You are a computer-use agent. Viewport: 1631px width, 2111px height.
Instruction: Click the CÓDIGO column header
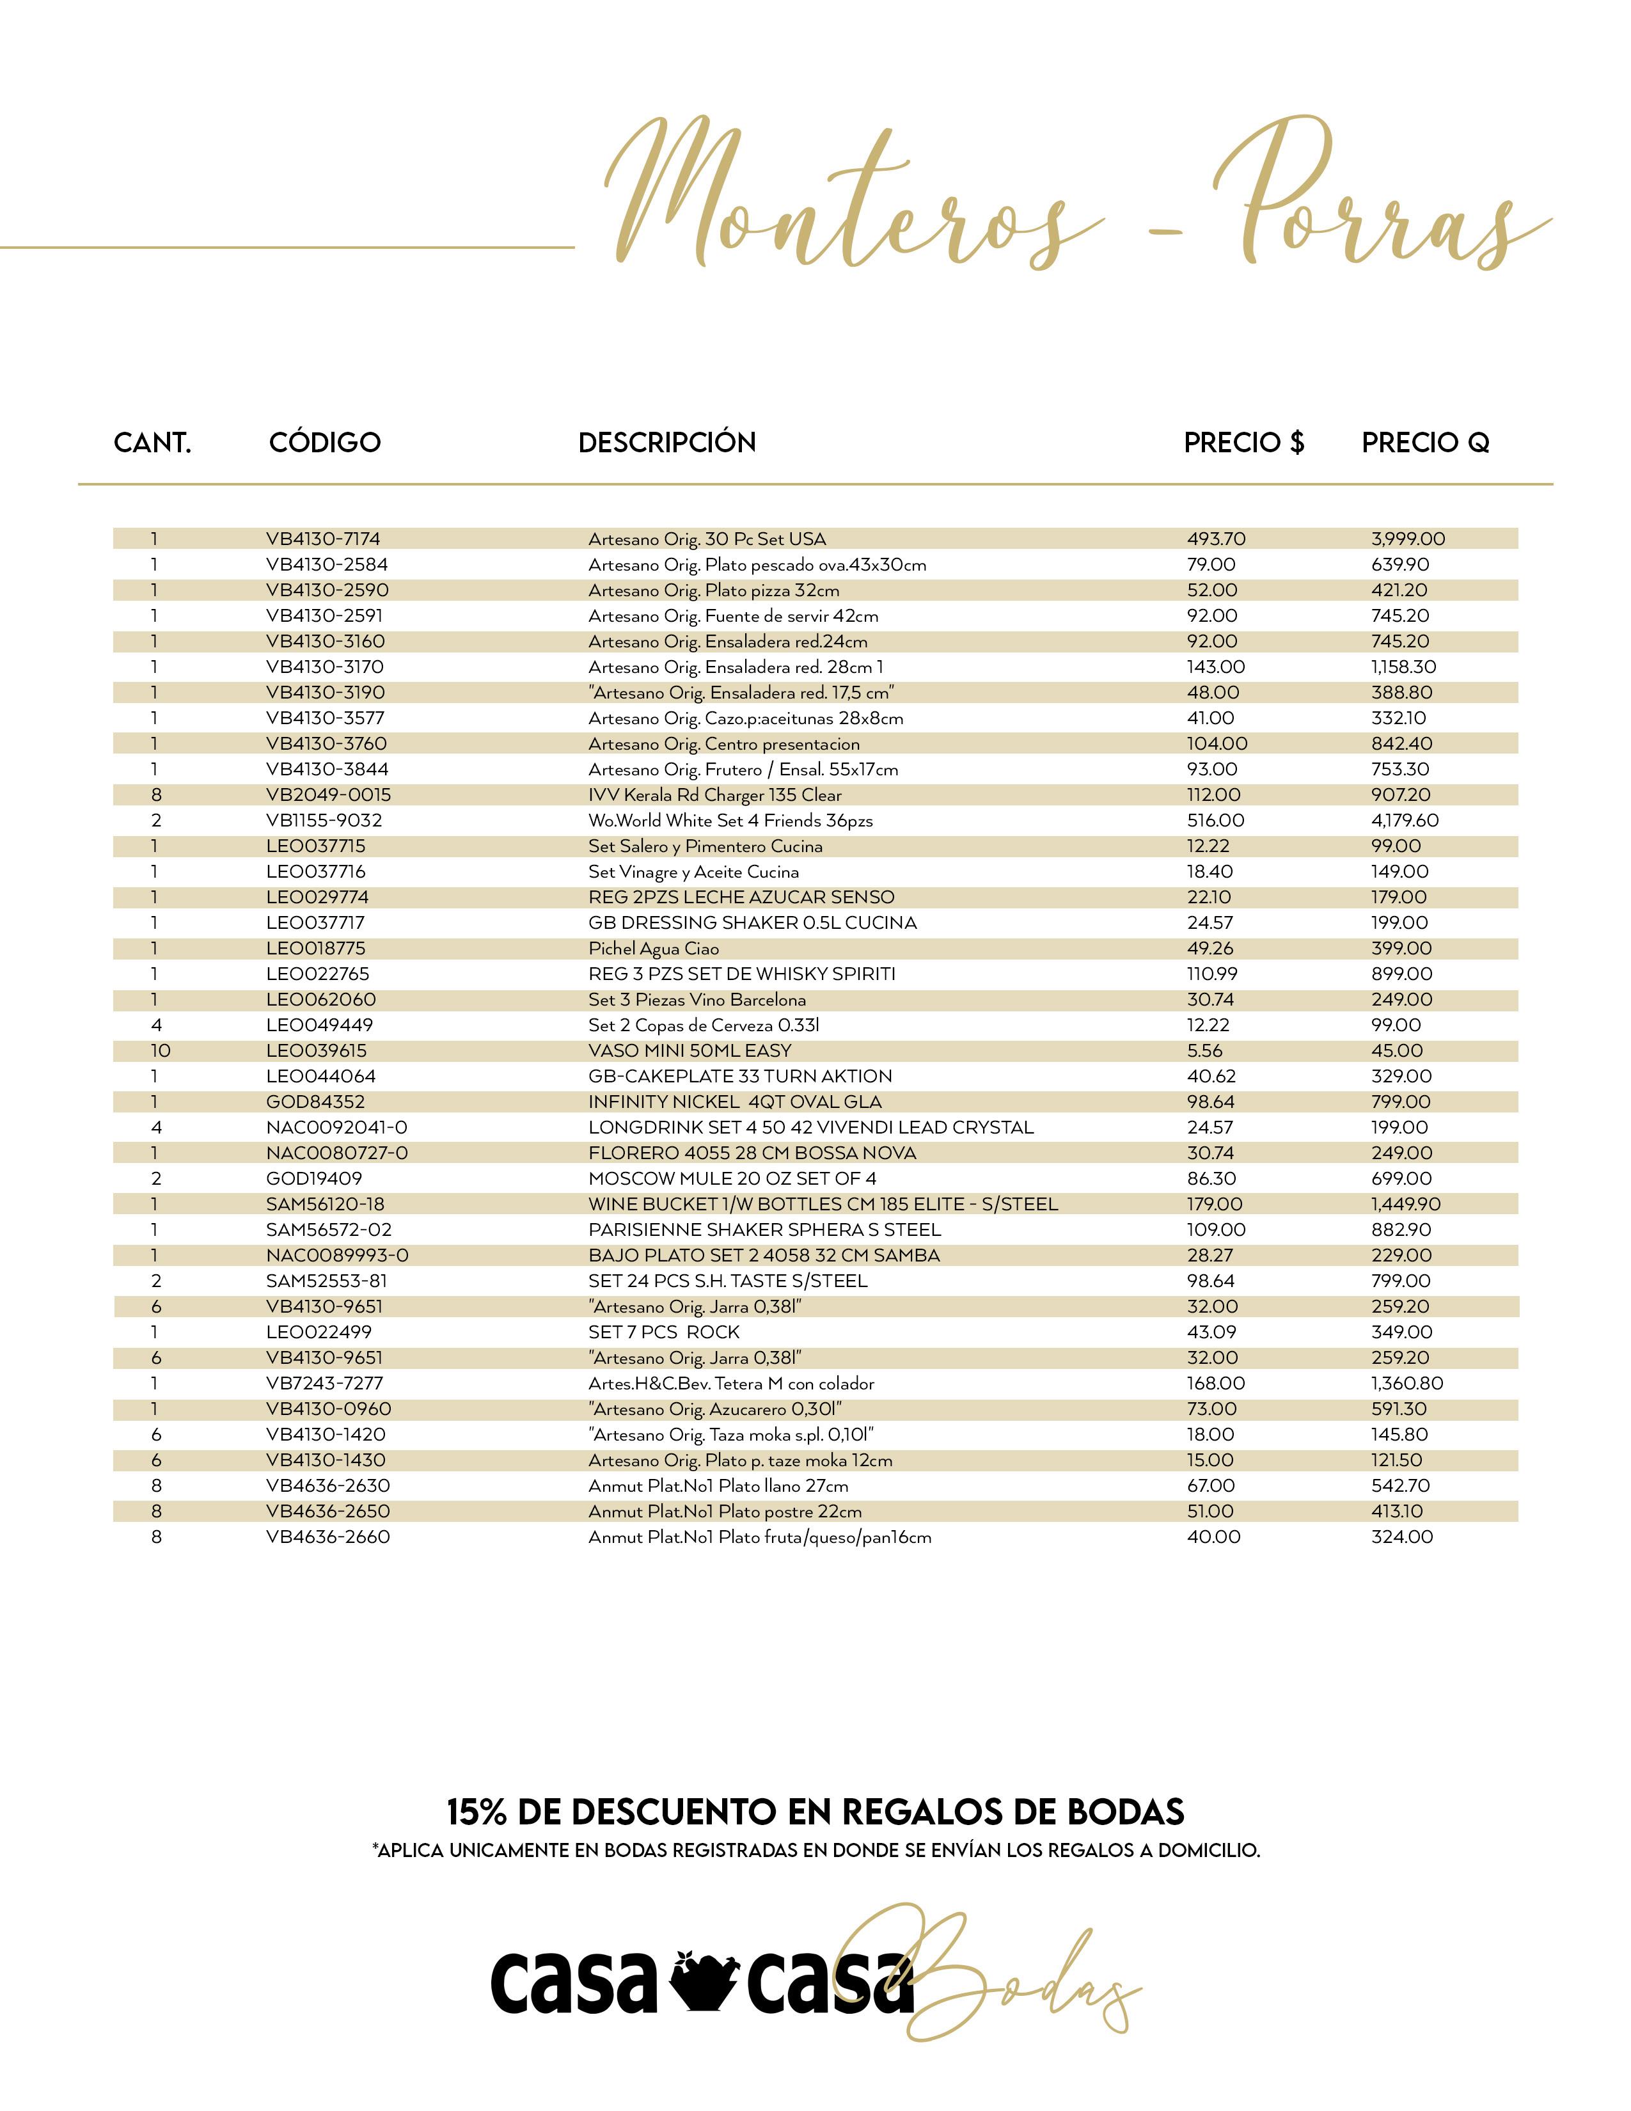click(x=325, y=443)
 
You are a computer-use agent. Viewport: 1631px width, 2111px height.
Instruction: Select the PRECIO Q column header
click(x=1425, y=443)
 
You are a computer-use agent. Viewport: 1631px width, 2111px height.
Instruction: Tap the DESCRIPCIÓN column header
click(x=666, y=443)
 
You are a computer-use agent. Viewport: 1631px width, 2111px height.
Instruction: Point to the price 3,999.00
click(x=1408, y=539)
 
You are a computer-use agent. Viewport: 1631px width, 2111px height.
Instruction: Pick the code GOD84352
click(x=315, y=1102)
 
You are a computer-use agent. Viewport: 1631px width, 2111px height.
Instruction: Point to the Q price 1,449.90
click(x=1408, y=1205)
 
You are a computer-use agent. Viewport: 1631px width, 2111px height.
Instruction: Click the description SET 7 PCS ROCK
click(x=664, y=1332)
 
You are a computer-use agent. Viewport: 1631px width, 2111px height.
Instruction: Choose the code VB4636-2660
click(x=327, y=1537)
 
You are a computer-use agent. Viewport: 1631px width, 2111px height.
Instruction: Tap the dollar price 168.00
click(x=1215, y=1383)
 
